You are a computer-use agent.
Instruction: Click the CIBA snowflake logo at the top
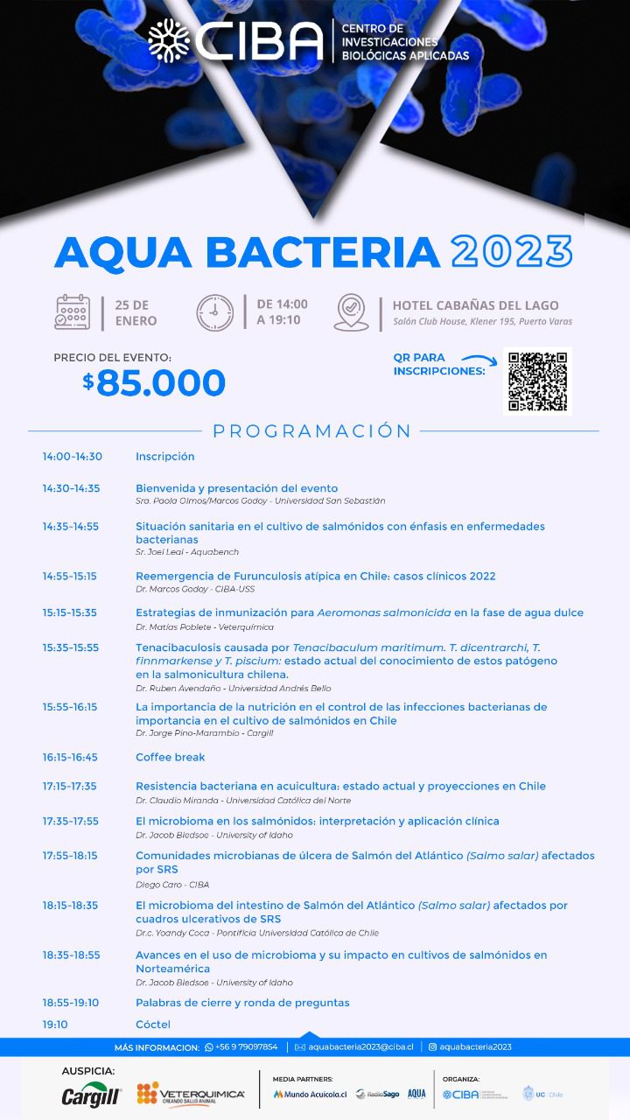[x=168, y=39]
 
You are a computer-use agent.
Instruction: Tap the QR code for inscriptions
[x=537, y=381]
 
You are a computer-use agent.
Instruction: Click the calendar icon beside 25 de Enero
[x=73, y=312]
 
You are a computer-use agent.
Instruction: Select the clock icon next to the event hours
[x=214, y=312]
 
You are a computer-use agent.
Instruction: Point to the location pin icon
[x=351, y=312]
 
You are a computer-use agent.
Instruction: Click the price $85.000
[x=154, y=382]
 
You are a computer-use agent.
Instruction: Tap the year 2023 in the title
[x=512, y=252]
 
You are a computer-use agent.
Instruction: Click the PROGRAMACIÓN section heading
[x=311, y=430]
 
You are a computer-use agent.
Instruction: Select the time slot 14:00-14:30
[x=72, y=457]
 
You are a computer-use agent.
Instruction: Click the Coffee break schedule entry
[x=170, y=757]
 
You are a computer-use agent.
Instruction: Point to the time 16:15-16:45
[x=70, y=757]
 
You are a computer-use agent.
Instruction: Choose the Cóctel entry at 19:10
[x=152, y=1025]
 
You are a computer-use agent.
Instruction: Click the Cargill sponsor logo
[x=90, y=1095]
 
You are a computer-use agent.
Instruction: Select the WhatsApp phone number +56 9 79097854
[x=246, y=1047]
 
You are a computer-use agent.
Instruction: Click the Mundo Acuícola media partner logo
[x=310, y=1095]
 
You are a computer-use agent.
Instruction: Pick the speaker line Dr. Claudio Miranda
[x=243, y=801]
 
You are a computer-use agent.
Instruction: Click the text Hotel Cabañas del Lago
[x=482, y=305]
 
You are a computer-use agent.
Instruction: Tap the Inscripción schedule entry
[x=164, y=457]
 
